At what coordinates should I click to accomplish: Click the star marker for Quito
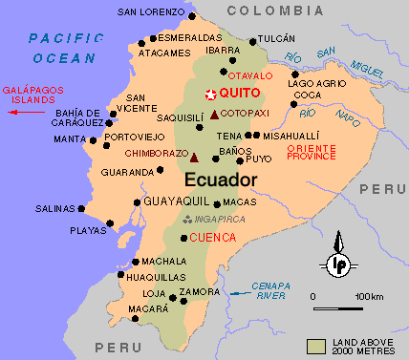[210, 94]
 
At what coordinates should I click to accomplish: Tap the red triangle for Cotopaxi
[214, 115]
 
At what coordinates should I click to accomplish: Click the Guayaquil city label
[176, 201]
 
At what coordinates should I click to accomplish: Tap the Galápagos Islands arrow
[28, 112]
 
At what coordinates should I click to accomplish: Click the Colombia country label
[274, 10]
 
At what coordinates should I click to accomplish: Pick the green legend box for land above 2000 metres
[316, 343]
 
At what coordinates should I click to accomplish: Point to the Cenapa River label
[269, 289]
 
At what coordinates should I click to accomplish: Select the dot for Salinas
[81, 209]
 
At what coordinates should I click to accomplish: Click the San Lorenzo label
[148, 12]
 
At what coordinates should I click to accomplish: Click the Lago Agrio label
[317, 83]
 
